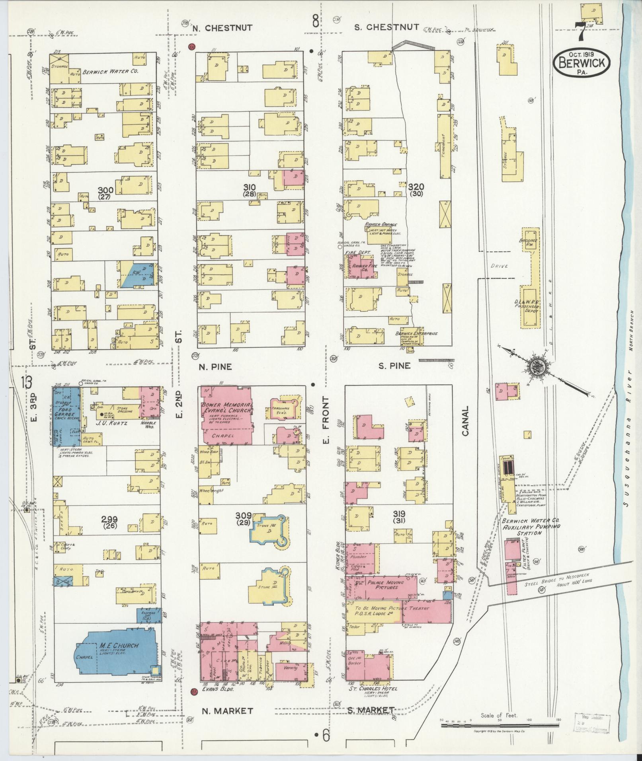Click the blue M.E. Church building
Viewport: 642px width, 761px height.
point(115,656)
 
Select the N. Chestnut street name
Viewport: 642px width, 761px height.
point(222,28)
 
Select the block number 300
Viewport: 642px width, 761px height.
point(106,190)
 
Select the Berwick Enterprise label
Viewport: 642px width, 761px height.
point(416,333)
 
